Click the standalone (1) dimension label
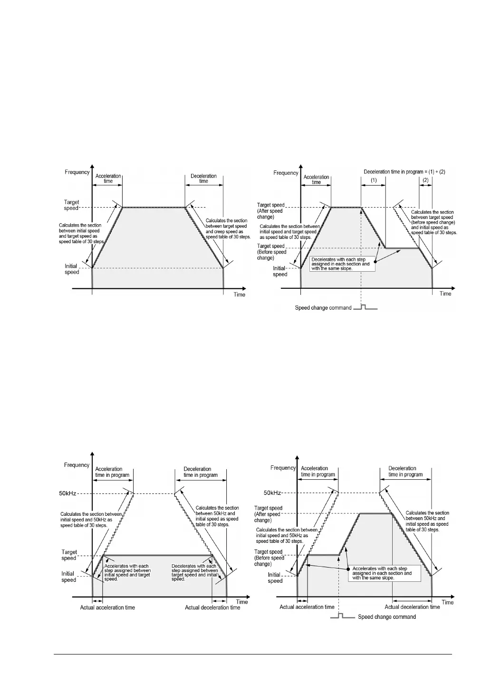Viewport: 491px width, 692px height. click(x=374, y=180)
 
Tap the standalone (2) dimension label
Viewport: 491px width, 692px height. click(x=425, y=180)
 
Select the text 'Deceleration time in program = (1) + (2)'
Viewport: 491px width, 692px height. click(x=404, y=171)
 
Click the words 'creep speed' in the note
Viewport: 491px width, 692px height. click(x=226, y=231)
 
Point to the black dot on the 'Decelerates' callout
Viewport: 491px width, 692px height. click(x=376, y=262)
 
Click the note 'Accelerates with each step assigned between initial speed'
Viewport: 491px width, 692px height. click(x=127, y=572)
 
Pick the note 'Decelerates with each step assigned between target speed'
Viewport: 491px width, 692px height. click(x=194, y=572)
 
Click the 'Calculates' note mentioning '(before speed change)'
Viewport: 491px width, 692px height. click(x=433, y=222)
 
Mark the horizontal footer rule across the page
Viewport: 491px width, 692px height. click(x=252, y=654)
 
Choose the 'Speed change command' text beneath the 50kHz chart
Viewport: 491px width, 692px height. click(x=386, y=617)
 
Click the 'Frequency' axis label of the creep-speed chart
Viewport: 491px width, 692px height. click(x=77, y=172)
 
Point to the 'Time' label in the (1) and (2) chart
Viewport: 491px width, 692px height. click(x=445, y=294)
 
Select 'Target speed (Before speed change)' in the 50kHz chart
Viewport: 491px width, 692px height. click(x=269, y=558)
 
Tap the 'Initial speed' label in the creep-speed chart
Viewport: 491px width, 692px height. click(x=72, y=269)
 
